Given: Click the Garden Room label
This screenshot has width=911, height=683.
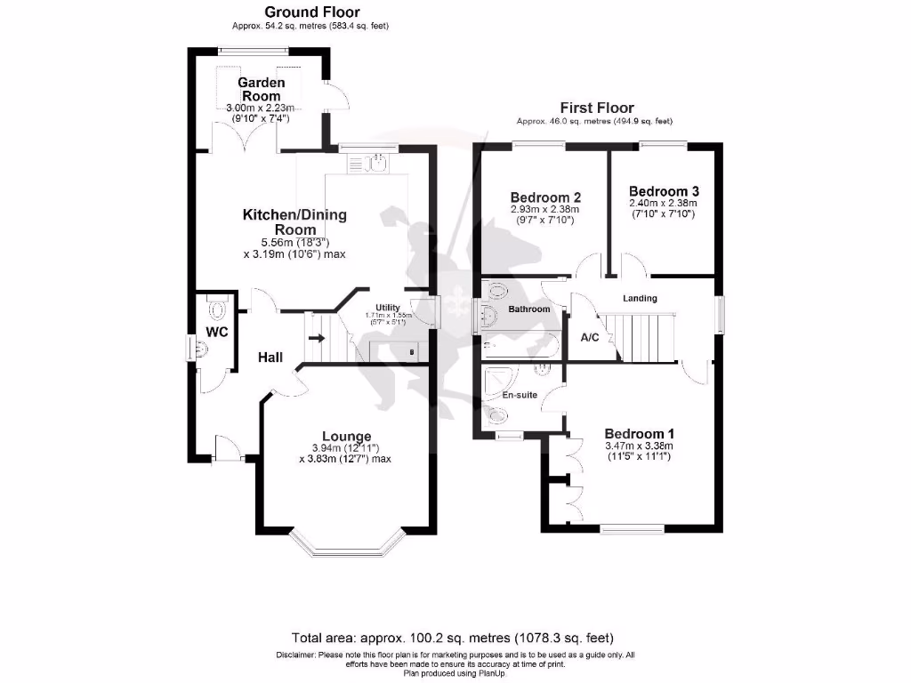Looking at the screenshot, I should [261, 89].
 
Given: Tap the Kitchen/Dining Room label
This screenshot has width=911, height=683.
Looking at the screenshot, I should [294, 222].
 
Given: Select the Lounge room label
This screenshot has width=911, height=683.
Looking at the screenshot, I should [346, 436].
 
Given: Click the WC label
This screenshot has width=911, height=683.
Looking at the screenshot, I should [217, 332].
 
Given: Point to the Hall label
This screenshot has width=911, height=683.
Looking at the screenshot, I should [270, 358].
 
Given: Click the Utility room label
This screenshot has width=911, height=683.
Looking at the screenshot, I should [388, 308].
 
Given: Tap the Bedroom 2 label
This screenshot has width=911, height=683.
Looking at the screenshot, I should [545, 197].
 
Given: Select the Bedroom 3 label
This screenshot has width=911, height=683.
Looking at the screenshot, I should [664, 191].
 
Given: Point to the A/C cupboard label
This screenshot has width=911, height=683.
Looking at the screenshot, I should [589, 338].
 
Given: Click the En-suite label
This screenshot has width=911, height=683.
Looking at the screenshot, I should [519, 395].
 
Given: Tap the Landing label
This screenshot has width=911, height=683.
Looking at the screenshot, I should [640, 299].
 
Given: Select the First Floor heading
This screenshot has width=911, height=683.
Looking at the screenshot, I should [596, 108].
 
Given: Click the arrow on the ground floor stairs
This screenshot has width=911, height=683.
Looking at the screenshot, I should [316, 338].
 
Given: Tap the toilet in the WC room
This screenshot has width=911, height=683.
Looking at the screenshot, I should [217, 309].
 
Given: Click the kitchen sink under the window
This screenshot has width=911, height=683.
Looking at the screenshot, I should [376, 162].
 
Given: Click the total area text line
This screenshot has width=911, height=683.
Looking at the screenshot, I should [452, 638].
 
